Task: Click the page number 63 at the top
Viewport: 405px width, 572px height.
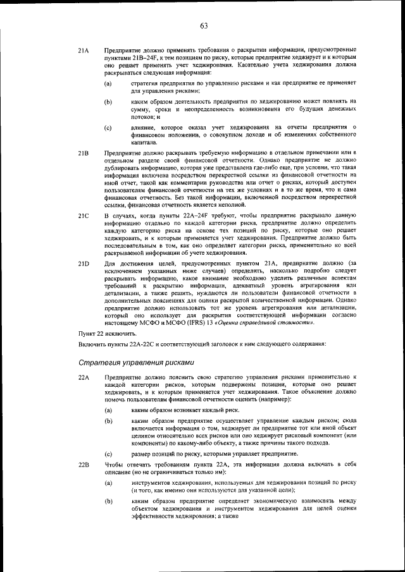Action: coord(204,26)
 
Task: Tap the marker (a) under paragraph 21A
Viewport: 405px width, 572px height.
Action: coord(108,83)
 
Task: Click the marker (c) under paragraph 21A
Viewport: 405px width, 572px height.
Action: coord(108,128)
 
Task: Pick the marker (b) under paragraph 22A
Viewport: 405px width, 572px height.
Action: coord(108,420)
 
